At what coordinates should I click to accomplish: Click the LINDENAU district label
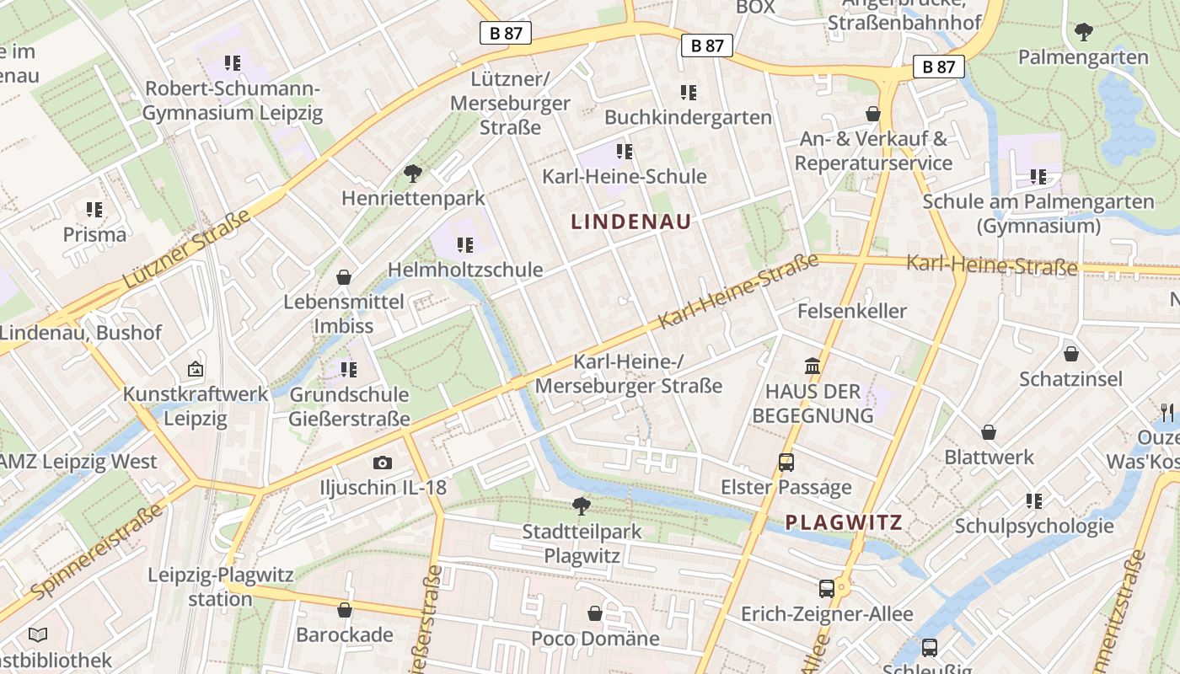tap(631, 222)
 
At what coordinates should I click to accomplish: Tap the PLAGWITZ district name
tap(844, 522)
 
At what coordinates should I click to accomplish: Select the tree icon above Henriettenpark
tap(412, 174)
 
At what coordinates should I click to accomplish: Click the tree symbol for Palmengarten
tap(1083, 33)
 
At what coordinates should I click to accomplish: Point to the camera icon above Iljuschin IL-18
tap(383, 463)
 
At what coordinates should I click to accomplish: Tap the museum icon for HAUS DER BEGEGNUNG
tap(813, 366)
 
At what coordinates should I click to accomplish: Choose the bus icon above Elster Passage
tap(786, 462)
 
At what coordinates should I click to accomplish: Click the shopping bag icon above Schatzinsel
tap(1070, 354)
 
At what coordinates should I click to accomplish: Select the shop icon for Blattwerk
tap(989, 432)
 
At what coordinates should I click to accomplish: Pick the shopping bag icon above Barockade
tap(344, 610)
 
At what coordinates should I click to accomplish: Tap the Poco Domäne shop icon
tap(595, 613)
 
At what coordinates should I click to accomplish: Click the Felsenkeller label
tap(852, 311)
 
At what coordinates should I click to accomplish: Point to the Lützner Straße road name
tap(186, 250)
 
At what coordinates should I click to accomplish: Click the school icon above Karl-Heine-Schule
tap(624, 152)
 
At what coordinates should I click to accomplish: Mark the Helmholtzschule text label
tap(465, 270)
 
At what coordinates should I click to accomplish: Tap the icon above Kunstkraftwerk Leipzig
tap(196, 368)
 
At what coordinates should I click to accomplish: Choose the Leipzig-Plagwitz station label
tap(221, 587)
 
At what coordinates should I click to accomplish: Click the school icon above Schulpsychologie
tap(1034, 501)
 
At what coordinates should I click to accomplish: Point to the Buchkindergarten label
tap(688, 117)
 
